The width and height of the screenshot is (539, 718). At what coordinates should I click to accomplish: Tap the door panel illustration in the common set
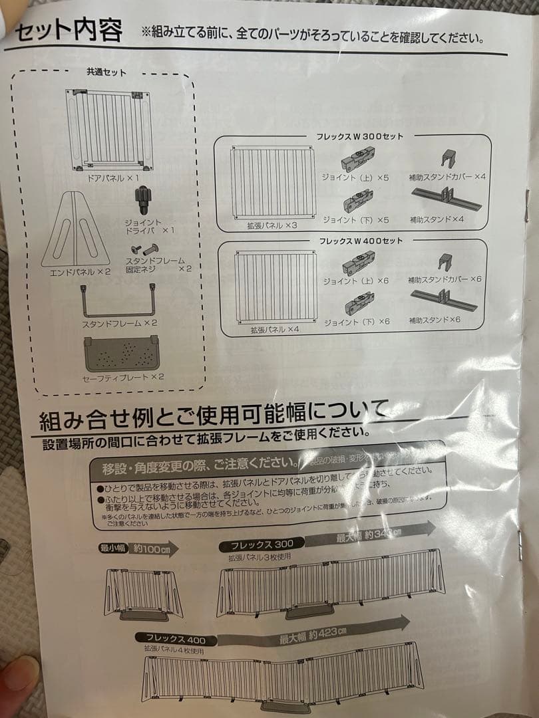[x=108, y=128]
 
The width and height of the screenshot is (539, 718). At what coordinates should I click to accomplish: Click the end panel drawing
[x=77, y=229]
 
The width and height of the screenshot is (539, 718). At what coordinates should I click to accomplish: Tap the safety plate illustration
[x=120, y=354]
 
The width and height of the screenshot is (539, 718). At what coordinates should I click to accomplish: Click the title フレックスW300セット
[x=359, y=137]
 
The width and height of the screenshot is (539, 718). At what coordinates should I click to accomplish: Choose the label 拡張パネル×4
[x=275, y=328]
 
